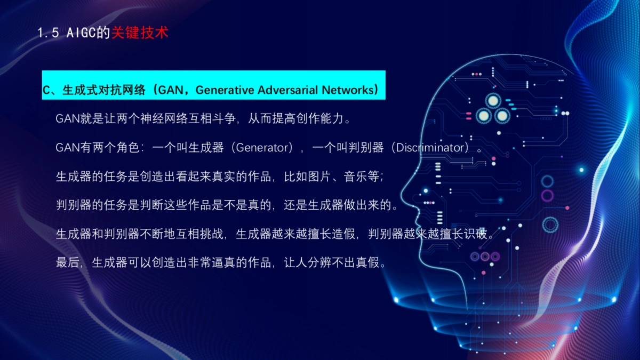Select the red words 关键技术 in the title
140,33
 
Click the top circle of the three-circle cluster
492,100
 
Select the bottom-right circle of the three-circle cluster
502,115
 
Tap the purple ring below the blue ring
547,196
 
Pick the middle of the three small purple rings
485,257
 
